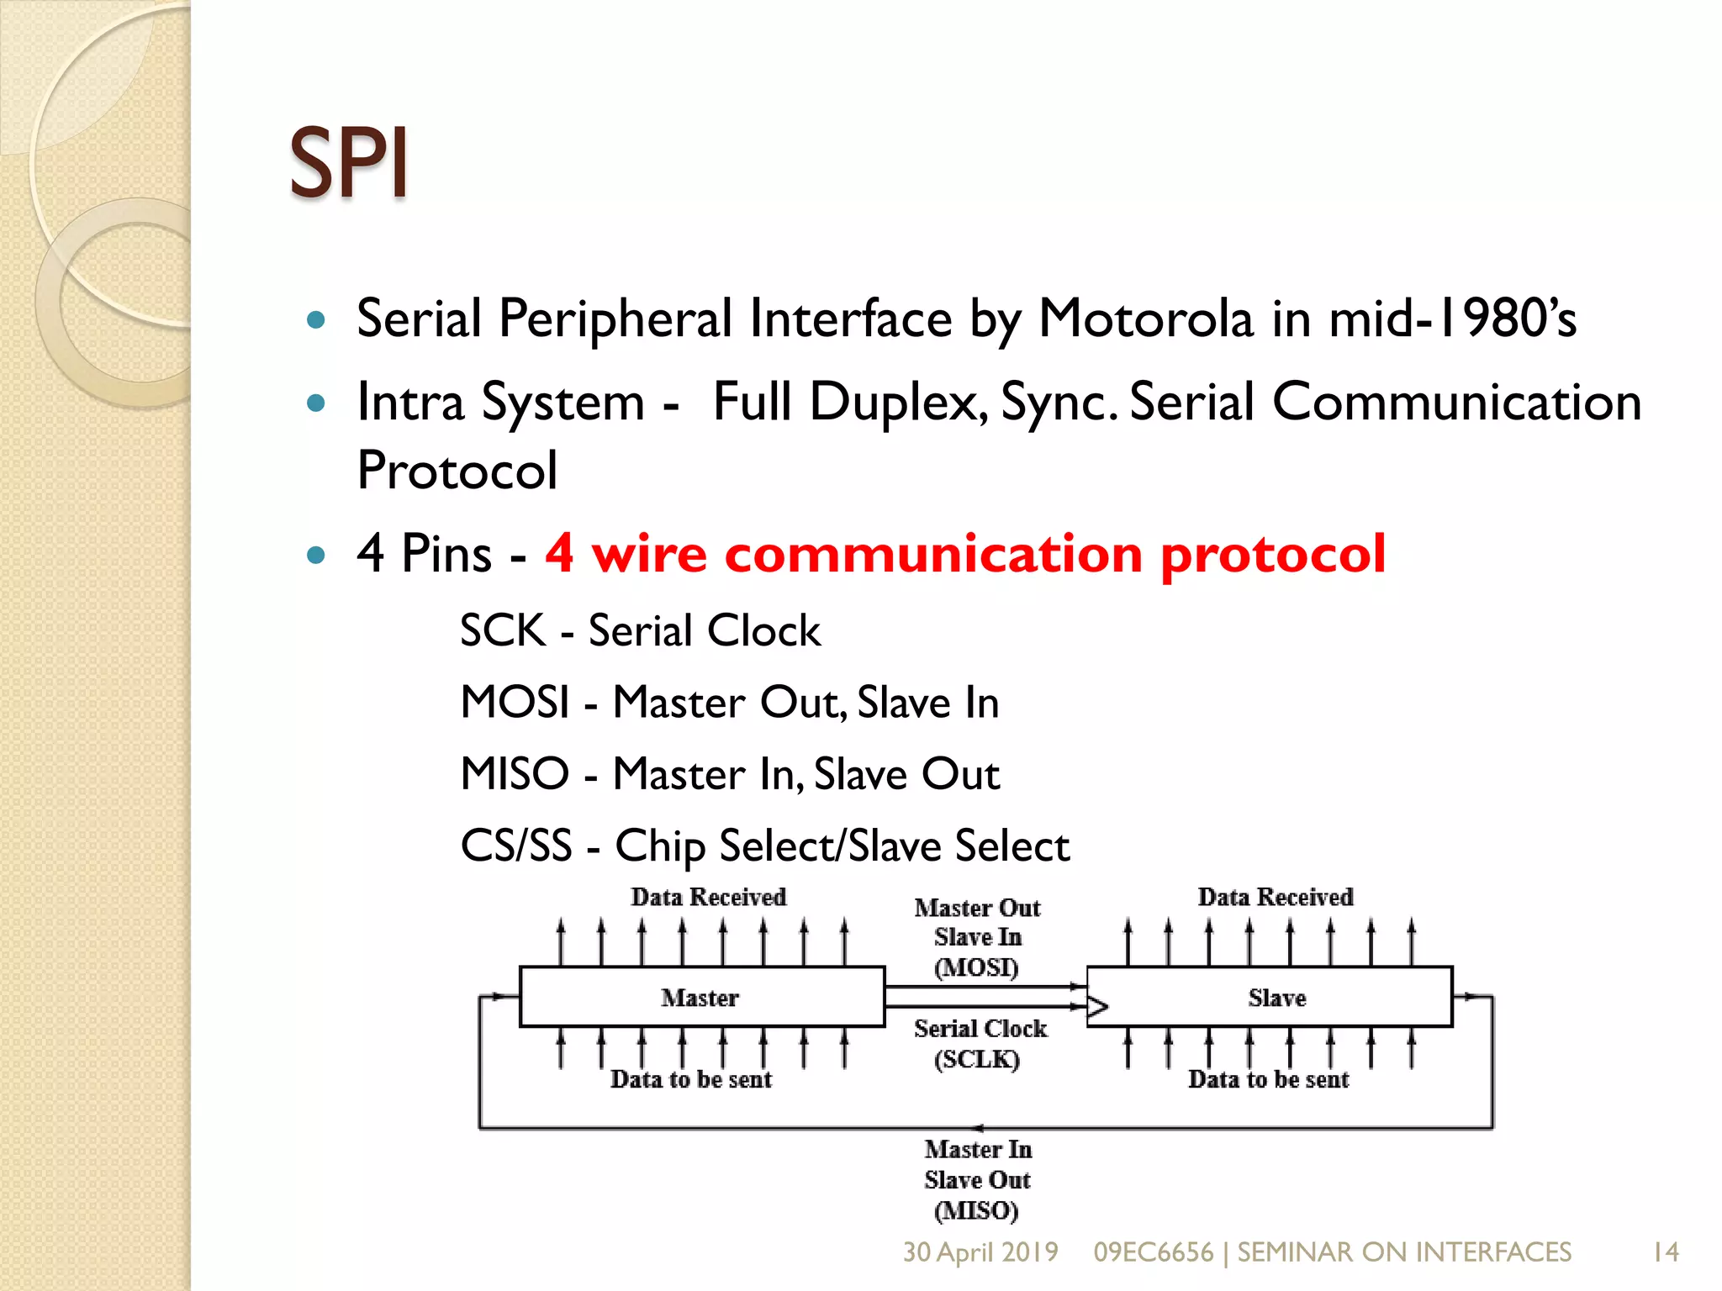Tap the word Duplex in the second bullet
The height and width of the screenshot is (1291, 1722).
(x=897, y=403)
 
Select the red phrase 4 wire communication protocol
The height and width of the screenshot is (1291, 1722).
(x=965, y=554)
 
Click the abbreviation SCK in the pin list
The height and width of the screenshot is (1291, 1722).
(x=503, y=630)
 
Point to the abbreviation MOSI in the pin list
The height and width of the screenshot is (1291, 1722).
(x=515, y=702)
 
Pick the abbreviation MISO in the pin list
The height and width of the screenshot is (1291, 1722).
(x=515, y=773)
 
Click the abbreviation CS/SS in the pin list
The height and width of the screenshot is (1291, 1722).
(x=515, y=846)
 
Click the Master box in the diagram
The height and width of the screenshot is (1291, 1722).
(x=701, y=998)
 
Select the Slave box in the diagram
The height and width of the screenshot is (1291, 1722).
(x=1276, y=998)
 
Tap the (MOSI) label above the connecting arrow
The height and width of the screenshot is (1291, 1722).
(x=976, y=967)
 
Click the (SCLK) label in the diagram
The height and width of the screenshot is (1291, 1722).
(x=977, y=1059)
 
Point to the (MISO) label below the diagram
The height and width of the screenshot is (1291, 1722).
(x=976, y=1210)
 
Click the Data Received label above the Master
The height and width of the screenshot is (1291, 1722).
(x=708, y=897)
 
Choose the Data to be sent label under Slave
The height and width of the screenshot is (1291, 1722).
(x=1268, y=1079)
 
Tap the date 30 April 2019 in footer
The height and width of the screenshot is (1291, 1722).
(x=980, y=1252)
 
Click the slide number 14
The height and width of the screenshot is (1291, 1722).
(x=1665, y=1252)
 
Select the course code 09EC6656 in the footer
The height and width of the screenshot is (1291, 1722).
(x=1153, y=1252)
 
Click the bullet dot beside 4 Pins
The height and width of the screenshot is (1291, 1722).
(x=316, y=555)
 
